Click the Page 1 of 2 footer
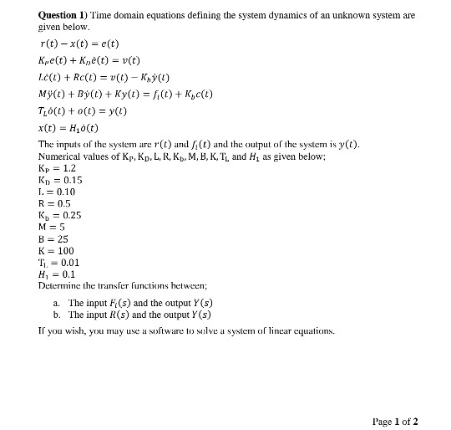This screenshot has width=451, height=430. tap(396, 420)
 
